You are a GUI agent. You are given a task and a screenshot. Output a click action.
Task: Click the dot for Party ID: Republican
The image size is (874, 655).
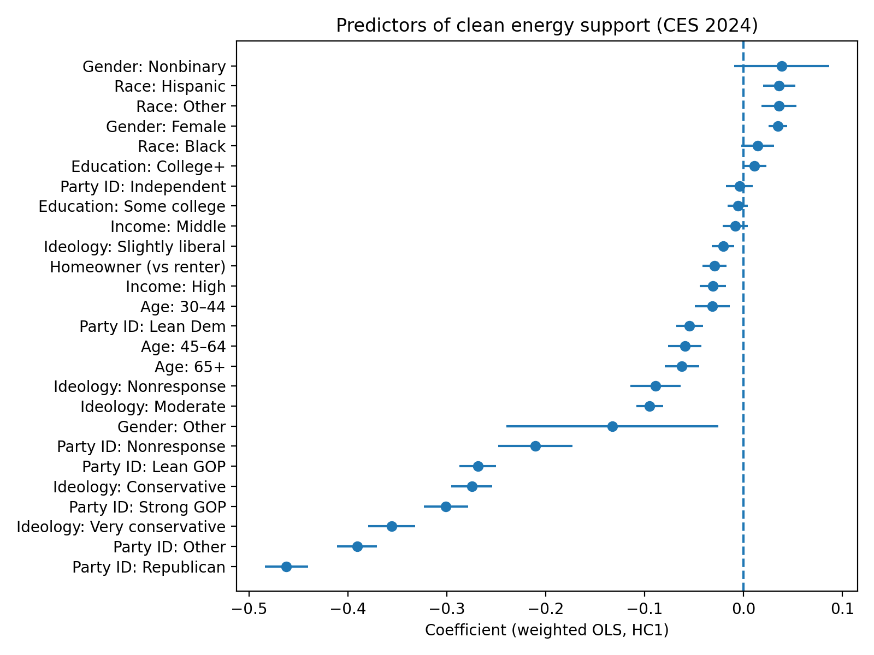coord(286,567)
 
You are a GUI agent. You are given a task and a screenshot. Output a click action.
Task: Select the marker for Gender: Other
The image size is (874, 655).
coord(612,426)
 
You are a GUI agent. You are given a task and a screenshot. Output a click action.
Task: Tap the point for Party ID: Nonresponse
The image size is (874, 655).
coord(535,446)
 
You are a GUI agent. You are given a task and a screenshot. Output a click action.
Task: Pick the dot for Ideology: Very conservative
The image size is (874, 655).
coord(392,526)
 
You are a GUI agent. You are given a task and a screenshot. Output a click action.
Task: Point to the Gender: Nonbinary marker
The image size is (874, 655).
coord(782,66)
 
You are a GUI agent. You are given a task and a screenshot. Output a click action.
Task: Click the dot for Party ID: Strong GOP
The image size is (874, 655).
coord(446,507)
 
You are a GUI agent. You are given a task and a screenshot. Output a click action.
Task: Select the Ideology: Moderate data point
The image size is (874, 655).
coord(649,406)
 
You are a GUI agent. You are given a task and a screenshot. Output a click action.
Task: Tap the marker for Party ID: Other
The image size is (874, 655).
coord(357,546)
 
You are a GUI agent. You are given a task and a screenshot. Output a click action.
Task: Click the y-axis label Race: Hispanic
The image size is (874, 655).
coord(170,86)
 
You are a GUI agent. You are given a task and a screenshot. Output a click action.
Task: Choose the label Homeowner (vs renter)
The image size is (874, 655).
coord(138,267)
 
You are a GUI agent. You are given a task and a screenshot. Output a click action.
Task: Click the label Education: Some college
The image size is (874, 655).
coord(132,207)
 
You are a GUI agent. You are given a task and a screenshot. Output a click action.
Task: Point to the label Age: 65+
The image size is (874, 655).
coord(190,367)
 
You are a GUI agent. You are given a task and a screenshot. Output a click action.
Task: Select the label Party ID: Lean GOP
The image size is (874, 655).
coord(154,467)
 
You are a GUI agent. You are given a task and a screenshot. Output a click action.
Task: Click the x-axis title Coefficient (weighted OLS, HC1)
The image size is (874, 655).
coord(547,630)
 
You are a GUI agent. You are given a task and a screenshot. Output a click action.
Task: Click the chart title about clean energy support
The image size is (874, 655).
coord(547,26)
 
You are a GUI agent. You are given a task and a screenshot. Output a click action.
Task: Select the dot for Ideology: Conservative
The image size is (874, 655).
coord(472,486)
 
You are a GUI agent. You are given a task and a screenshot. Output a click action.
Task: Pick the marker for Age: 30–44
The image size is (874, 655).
coord(712,306)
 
